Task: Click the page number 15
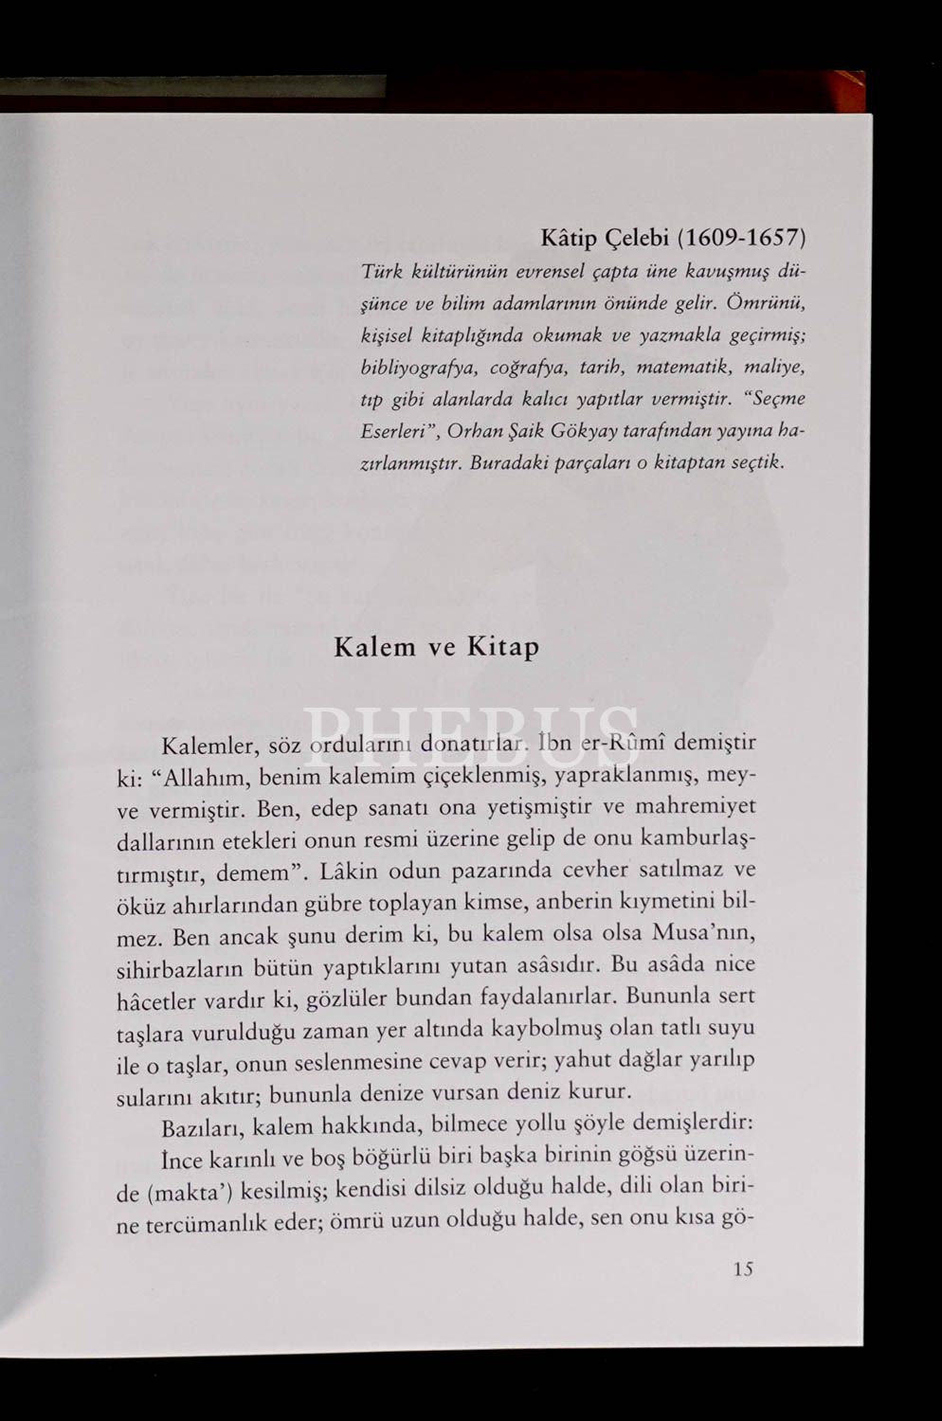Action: point(743,1268)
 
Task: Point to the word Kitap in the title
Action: point(502,648)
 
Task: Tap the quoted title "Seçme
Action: point(775,398)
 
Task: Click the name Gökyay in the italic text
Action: point(588,431)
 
